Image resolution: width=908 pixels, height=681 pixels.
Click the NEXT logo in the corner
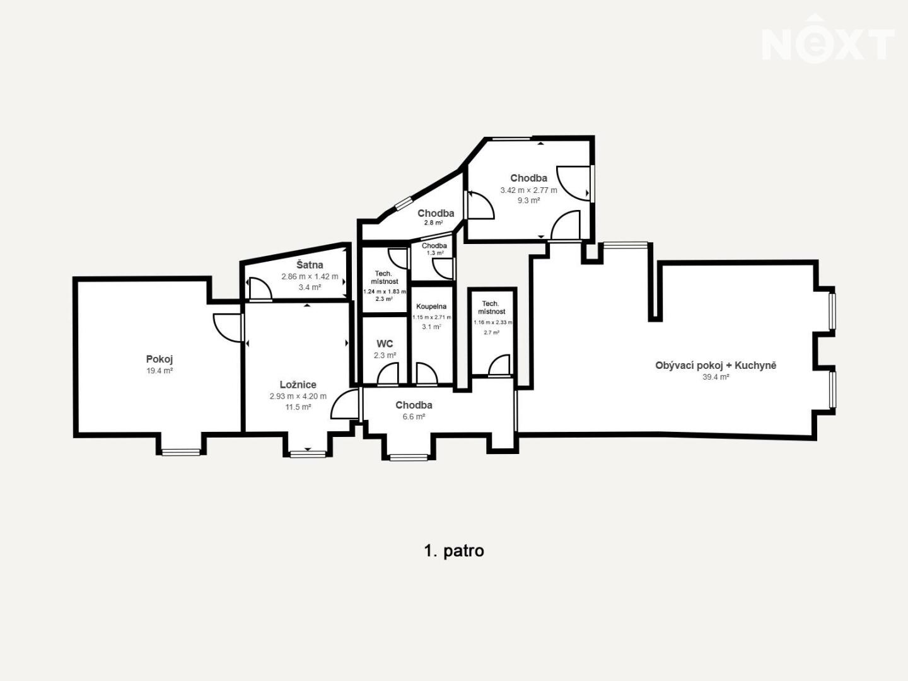pyautogui.click(x=828, y=40)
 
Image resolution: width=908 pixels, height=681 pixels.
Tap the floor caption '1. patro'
pyautogui.click(x=454, y=551)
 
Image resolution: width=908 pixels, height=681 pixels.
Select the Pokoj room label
pyautogui.click(x=160, y=359)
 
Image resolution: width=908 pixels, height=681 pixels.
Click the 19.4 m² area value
pyautogui.click(x=160, y=371)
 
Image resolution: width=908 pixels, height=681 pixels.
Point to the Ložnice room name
pyautogui.click(x=298, y=385)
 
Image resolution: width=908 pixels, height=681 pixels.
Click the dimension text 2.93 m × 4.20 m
pyautogui.click(x=298, y=396)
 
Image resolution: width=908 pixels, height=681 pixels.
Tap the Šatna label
pyautogui.click(x=310, y=265)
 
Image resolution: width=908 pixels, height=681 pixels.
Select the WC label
pyautogui.click(x=385, y=344)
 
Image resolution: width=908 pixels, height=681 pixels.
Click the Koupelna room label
pyautogui.click(x=431, y=306)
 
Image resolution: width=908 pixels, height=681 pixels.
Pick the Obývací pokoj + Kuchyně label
pyautogui.click(x=716, y=366)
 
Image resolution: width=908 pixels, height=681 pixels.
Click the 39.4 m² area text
pyautogui.click(x=716, y=377)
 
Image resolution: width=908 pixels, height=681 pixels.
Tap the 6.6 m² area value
pyautogui.click(x=414, y=417)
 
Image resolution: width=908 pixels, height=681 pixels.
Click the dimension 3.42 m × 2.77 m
pyautogui.click(x=528, y=190)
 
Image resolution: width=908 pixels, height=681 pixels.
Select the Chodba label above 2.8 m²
pyautogui.click(x=436, y=213)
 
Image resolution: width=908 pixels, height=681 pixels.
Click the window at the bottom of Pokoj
pyautogui.click(x=180, y=452)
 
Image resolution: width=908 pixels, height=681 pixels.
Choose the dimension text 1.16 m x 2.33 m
pyautogui.click(x=492, y=322)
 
